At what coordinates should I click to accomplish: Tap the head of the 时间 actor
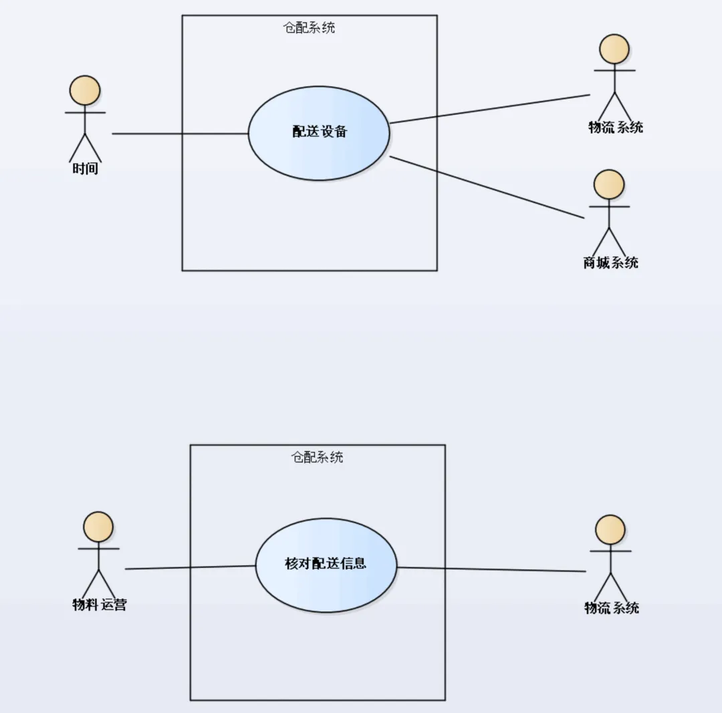(x=86, y=90)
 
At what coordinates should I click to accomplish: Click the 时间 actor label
(x=86, y=169)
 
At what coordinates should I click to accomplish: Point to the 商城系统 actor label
(x=610, y=263)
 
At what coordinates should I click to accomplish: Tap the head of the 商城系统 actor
(x=609, y=184)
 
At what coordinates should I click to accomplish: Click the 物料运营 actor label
(x=99, y=605)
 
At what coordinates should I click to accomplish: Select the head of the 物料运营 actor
(x=98, y=527)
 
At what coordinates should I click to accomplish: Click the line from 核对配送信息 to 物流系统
(x=491, y=569)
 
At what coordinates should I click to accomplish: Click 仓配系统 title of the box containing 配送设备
(x=310, y=28)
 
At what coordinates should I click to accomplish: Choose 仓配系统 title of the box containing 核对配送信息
(x=318, y=458)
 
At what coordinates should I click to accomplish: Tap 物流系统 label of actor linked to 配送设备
(x=615, y=128)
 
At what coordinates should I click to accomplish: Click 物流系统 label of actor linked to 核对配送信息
(x=612, y=608)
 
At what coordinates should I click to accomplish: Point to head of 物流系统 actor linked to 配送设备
(x=614, y=49)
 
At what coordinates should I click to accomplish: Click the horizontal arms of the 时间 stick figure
(x=86, y=112)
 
